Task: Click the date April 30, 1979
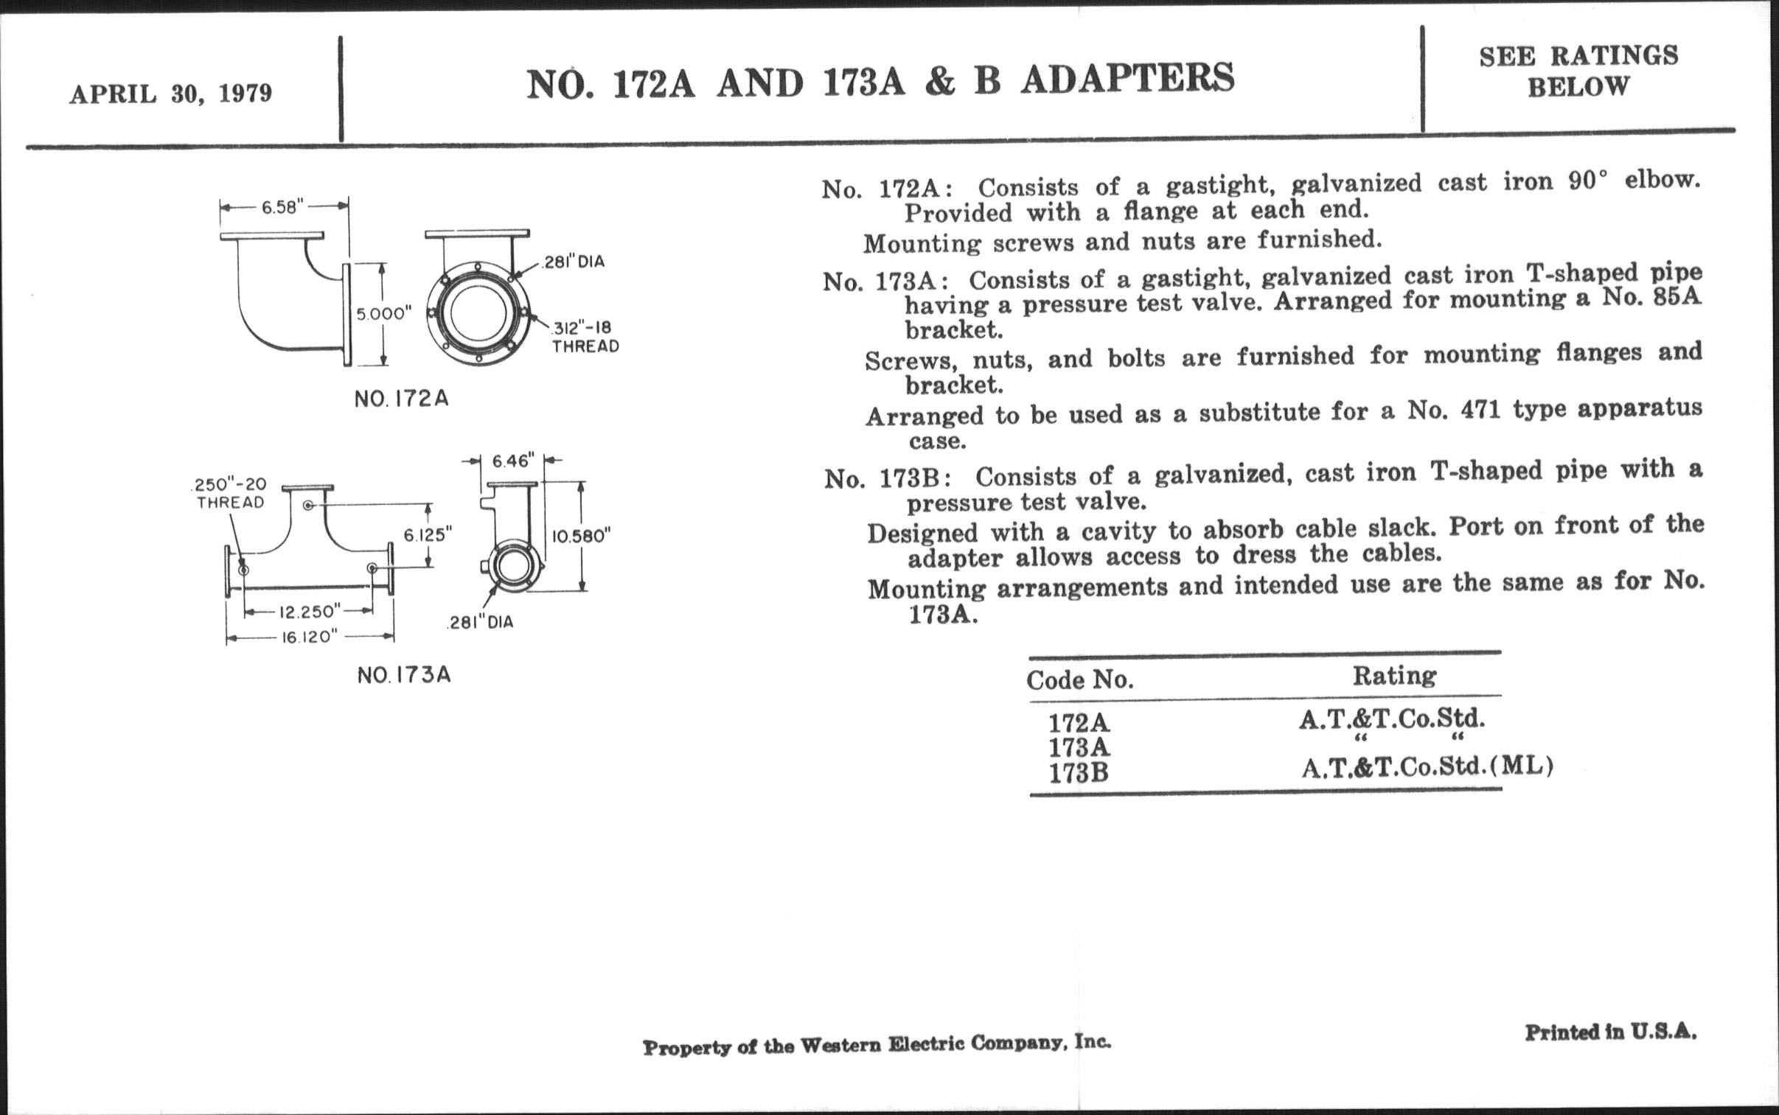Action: [x=170, y=94]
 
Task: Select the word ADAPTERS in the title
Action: [x=1128, y=79]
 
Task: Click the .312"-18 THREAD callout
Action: [x=585, y=337]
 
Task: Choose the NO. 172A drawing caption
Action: [x=401, y=399]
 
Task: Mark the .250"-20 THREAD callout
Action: [x=229, y=493]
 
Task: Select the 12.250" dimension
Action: [x=309, y=612]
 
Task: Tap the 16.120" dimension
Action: [x=309, y=637]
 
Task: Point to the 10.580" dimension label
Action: [x=582, y=536]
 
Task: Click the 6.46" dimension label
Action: [x=512, y=461]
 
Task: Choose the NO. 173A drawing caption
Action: [x=403, y=676]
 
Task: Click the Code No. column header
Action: [x=1080, y=679]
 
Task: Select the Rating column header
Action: [x=1394, y=676]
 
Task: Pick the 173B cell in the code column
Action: [x=1079, y=773]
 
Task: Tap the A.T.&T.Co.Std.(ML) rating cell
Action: [x=1427, y=768]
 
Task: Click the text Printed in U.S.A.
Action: [x=1610, y=1032]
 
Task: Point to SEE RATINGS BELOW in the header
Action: [x=1578, y=71]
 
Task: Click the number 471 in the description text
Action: [x=1480, y=410]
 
